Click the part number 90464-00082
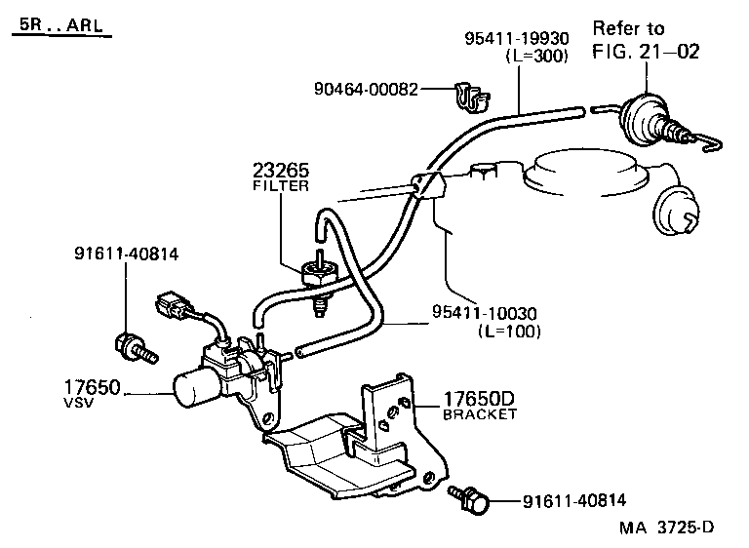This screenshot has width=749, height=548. (366, 90)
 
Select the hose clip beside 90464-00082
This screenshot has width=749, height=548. (471, 94)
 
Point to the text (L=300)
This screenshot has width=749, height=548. (535, 57)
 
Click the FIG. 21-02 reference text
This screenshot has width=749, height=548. (646, 52)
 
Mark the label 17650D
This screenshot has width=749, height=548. (479, 399)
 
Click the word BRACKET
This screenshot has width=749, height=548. (480, 414)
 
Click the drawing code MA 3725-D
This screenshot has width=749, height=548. (666, 528)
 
